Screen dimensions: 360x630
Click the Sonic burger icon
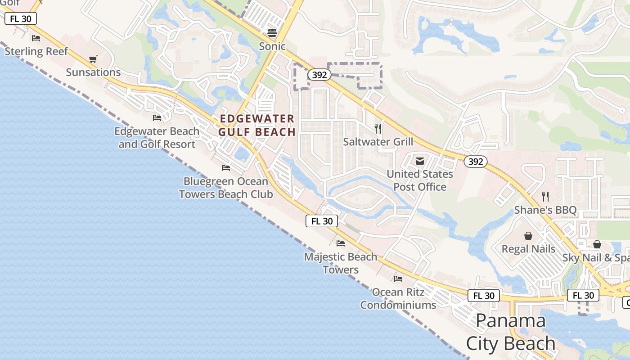pyautogui.click(x=272, y=32)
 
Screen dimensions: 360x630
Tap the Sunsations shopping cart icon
pyautogui.click(x=93, y=59)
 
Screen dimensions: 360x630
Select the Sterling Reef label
pyautogui.click(x=36, y=51)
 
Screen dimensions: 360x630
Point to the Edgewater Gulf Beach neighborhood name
pyautogui.click(x=257, y=125)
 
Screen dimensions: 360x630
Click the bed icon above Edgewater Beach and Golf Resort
pyautogui.click(x=157, y=118)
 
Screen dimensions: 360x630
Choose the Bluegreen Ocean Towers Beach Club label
pyautogui.click(x=226, y=188)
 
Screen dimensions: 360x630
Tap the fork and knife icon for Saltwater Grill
pyautogui.click(x=378, y=129)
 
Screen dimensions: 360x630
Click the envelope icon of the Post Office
pyautogui.click(x=420, y=161)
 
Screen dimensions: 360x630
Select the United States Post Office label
pyautogui.click(x=420, y=180)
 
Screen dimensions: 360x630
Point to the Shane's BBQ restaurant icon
pyautogui.click(x=545, y=197)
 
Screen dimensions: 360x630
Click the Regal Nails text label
pyautogui.click(x=528, y=249)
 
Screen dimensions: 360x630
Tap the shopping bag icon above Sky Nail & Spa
pyautogui.click(x=597, y=244)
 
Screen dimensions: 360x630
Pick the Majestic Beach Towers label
pyautogui.click(x=341, y=263)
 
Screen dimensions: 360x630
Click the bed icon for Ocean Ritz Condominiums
pyautogui.click(x=398, y=279)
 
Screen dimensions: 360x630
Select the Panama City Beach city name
pyautogui.click(x=511, y=332)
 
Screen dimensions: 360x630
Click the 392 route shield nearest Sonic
pyautogui.click(x=319, y=75)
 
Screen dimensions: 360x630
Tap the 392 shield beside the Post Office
pyautogui.click(x=476, y=162)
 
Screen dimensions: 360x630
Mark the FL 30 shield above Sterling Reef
pyautogui.click(x=20, y=18)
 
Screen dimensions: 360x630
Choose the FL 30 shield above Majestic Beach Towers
pyautogui.click(x=322, y=221)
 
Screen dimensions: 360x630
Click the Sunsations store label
pyautogui.click(x=93, y=72)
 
